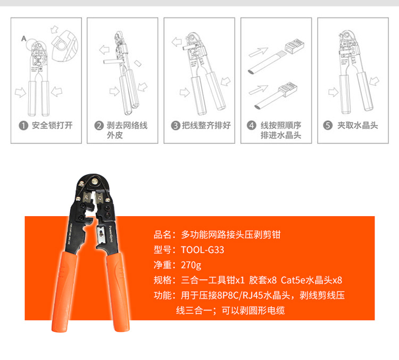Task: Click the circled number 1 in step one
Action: coord(23,125)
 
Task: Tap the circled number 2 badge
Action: coord(99,125)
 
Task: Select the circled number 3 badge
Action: coord(176,125)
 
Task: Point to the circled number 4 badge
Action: coord(252,125)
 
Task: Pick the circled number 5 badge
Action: coord(328,125)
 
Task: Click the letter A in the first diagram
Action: coord(23,38)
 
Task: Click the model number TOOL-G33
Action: coord(203,250)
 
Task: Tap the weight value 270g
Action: coord(191,265)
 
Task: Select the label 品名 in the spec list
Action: coord(162,235)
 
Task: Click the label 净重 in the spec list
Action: coord(162,265)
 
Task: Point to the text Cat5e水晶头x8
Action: coord(311,280)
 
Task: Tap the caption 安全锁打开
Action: coord(52,125)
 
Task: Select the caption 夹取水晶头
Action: coord(358,125)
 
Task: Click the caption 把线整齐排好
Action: coord(206,125)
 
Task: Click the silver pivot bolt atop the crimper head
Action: coord(95,182)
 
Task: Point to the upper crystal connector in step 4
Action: coord(295,47)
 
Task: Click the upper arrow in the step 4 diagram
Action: coord(258,52)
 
